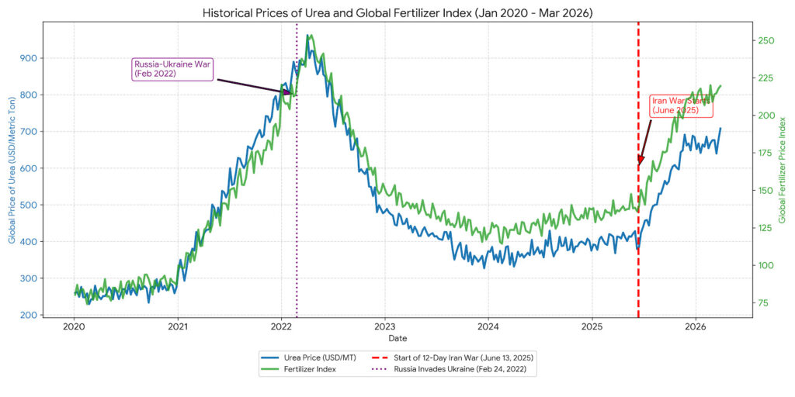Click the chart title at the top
point(397,13)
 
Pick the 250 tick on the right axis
point(767,40)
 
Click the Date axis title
point(397,339)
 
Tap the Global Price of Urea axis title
point(12,170)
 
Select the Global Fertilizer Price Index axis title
point(783,170)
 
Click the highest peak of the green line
point(308,35)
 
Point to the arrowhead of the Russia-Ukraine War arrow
point(293,94)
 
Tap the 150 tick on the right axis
point(767,190)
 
